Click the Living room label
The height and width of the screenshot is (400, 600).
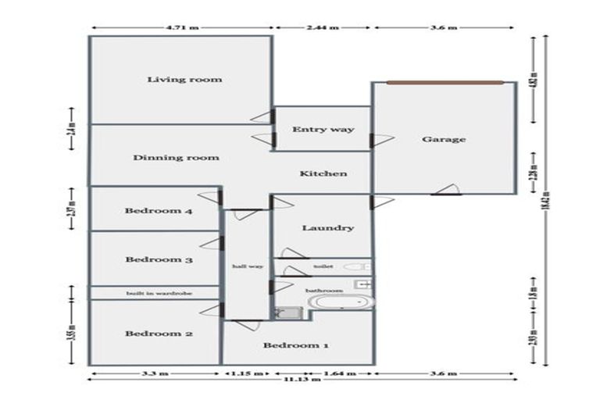coord(185,79)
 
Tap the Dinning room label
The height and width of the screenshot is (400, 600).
coord(176,157)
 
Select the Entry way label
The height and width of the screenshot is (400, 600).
coord(323,130)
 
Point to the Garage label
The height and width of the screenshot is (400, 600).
coord(444,140)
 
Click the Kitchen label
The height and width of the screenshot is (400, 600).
coord(323,173)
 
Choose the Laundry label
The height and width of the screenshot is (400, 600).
coord(328,228)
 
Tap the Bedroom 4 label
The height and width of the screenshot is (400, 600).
coord(159,211)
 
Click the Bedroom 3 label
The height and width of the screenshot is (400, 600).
coord(159,259)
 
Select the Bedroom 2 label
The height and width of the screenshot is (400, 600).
coord(159,334)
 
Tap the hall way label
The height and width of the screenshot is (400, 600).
coord(248,266)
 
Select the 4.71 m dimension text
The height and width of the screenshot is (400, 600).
coord(183,27)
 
